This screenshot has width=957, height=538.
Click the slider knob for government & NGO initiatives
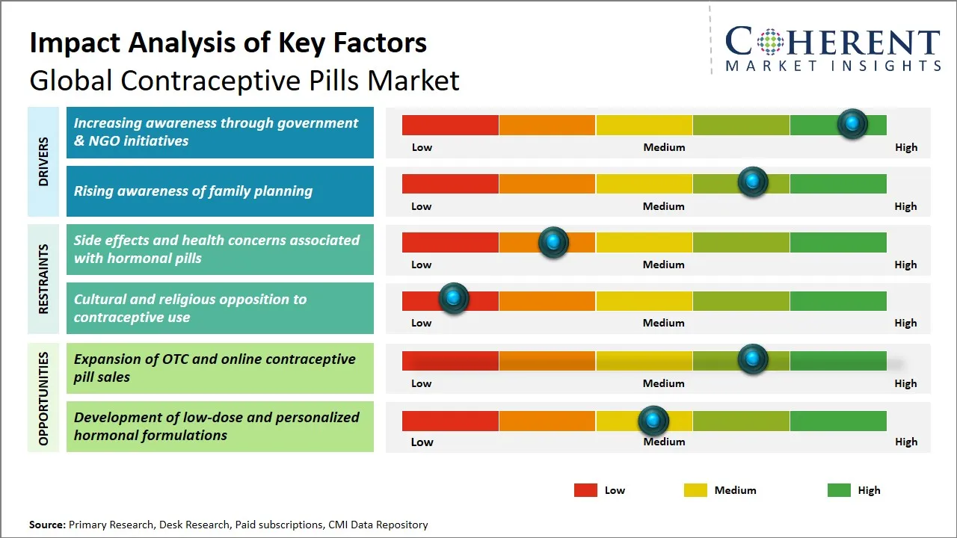tap(852, 124)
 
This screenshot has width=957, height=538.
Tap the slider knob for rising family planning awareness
tap(753, 182)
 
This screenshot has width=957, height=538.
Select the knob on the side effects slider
tap(553, 242)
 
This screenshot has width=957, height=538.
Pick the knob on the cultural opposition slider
tap(453, 299)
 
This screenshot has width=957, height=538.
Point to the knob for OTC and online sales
tap(753, 359)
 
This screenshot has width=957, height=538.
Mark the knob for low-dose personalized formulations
tap(653, 421)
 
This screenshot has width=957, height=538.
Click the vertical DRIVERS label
tap(43, 161)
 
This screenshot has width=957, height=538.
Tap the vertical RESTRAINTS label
tap(43, 278)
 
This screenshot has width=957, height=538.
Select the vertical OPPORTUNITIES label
tap(43, 398)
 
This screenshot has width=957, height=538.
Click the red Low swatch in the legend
tap(585, 490)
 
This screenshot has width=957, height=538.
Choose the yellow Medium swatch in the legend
tap(695, 490)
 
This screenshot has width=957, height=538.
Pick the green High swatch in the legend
tap(839, 490)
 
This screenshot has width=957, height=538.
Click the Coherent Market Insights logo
tap(832, 49)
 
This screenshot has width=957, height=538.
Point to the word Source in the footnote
tap(47, 525)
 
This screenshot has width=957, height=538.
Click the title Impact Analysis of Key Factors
tap(228, 43)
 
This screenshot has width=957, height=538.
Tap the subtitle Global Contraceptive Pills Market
tap(244, 81)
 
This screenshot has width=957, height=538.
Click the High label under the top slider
tap(906, 147)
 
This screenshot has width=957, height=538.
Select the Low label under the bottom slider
tap(422, 442)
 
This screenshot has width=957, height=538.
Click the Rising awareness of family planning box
tap(220, 191)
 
